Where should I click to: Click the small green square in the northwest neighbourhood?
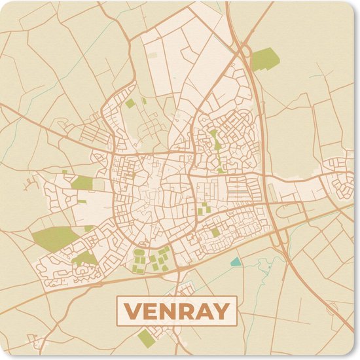click(130, 103)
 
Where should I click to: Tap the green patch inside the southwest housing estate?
click(84, 258)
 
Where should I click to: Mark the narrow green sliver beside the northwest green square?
click(143, 101)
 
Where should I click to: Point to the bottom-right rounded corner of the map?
click(355, 355)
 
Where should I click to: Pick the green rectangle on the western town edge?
click(82, 183)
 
